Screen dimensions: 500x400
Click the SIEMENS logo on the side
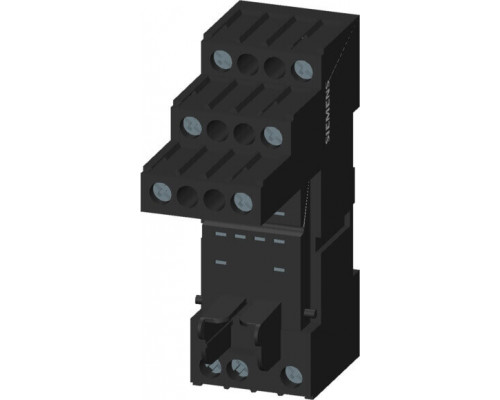click(x=329, y=112)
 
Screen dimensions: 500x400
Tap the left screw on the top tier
click(x=222, y=59)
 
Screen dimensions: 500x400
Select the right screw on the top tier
click(x=303, y=69)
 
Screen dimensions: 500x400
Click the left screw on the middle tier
click(x=193, y=126)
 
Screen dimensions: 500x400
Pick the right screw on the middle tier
click(x=273, y=135)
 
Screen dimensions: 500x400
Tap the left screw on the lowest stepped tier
click(x=162, y=192)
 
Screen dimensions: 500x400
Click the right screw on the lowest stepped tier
click(x=243, y=201)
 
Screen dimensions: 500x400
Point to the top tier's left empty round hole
click(x=247, y=63)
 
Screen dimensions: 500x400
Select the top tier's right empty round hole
click(x=274, y=66)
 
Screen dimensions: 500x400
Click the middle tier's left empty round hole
click(x=217, y=129)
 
